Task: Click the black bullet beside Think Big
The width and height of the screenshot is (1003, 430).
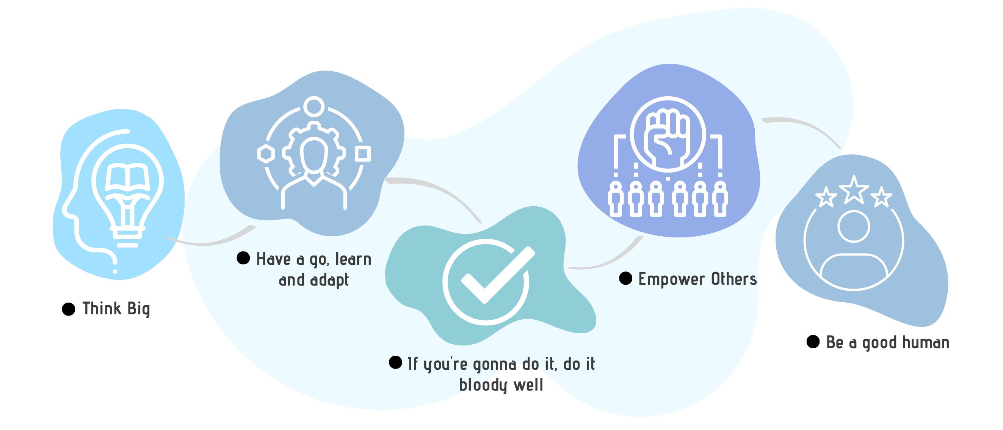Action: (69, 309)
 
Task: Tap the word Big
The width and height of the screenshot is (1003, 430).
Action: (139, 309)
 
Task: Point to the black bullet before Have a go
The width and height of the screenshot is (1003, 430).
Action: (243, 258)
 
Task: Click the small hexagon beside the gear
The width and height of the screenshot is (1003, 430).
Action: (266, 154)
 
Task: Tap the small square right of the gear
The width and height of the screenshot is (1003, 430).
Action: (362, 154)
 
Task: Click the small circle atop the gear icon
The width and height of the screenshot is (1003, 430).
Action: (314, 106)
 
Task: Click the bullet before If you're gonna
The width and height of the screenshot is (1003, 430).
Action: (396, 362)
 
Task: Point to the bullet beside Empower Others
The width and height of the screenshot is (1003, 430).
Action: (626, 278)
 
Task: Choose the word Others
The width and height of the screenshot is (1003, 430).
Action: (734, 279)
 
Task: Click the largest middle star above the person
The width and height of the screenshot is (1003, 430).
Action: (854, 190)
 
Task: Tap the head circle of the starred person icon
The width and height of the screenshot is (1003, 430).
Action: (854, 227)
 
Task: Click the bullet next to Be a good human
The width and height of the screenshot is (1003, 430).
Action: (813, 342)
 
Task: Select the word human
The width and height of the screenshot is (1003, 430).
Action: (926, 342)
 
